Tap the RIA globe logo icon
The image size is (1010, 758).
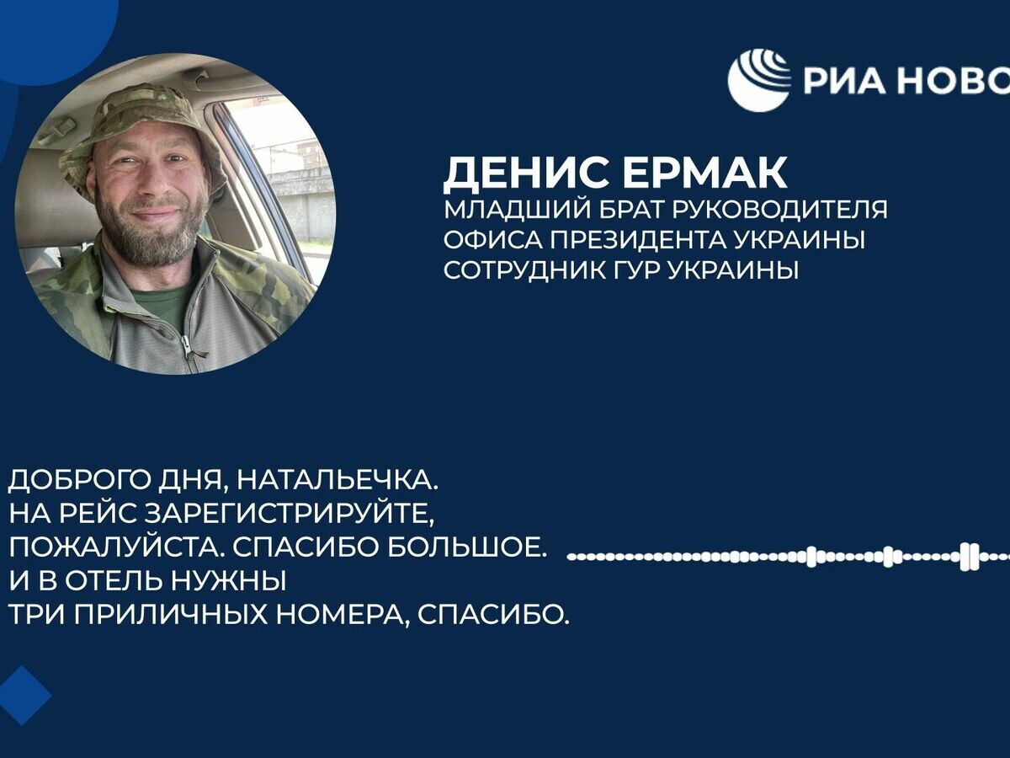point(759,80)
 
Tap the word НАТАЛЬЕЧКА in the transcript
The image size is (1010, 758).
point(337,482)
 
